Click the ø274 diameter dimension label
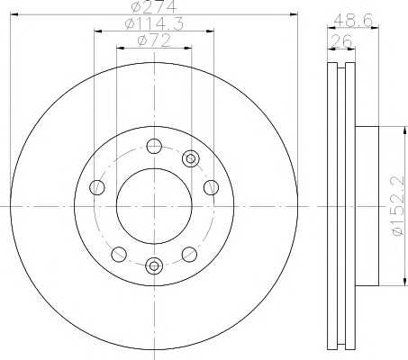pos(153,7)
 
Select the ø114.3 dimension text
pos(154,24)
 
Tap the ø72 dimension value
pos(154,40)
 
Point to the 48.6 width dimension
pos(353,21)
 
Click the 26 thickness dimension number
pos(341,41)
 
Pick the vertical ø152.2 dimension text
pos(397,205)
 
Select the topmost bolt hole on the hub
pos(154,147)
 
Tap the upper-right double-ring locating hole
pos(191,158)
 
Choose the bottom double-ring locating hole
pos(154,265)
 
